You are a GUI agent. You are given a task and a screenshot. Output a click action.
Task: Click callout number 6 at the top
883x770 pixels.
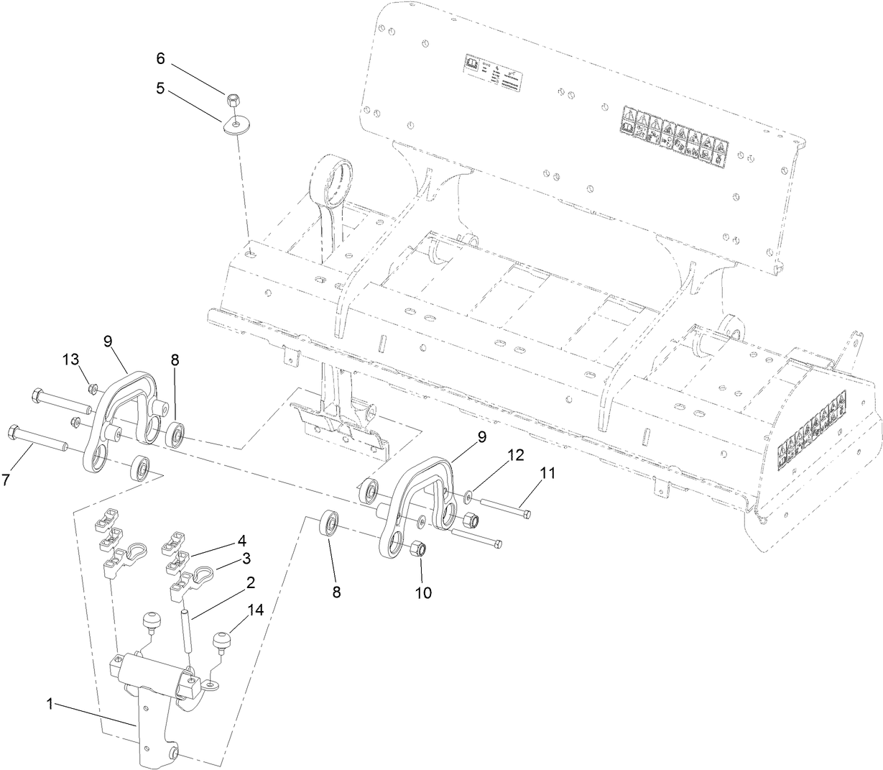[161, 57]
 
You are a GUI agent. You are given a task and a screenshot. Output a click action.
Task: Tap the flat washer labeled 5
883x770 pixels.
[235, 124]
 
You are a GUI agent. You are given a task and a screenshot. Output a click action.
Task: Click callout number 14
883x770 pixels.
[256, 610]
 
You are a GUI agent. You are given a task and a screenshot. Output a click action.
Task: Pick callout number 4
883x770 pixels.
[242, 539]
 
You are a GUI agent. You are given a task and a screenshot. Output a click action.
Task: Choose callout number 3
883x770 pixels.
[245, 558]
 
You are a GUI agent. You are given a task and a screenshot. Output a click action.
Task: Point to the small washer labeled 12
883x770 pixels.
[468, 495]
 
